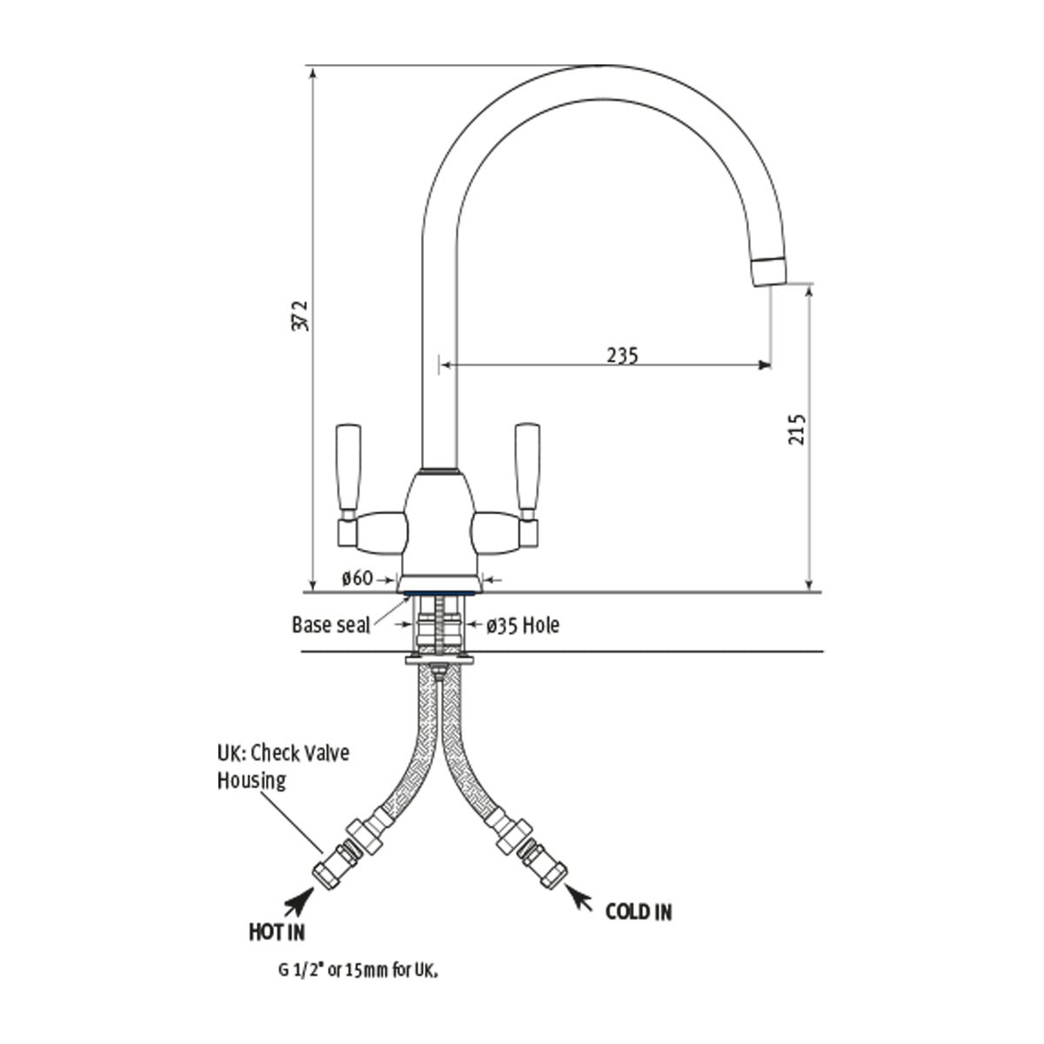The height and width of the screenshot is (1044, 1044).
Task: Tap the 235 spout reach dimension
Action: tap(622, 356)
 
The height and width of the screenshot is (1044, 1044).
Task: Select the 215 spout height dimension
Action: tap(797, 430)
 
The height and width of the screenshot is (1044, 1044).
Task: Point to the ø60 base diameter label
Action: tap(358, 579)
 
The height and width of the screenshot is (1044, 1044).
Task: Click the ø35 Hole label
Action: tap(522, 626)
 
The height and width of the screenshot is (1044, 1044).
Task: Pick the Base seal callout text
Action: tap(331, 625)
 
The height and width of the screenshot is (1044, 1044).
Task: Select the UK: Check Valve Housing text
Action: tap(283, 767)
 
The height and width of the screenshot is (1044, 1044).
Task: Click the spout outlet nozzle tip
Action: tap(769, 271)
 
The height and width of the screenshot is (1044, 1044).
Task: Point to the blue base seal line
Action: tap(439, 593)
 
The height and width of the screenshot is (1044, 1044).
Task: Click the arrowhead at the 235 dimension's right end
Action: tap(764, 365)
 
